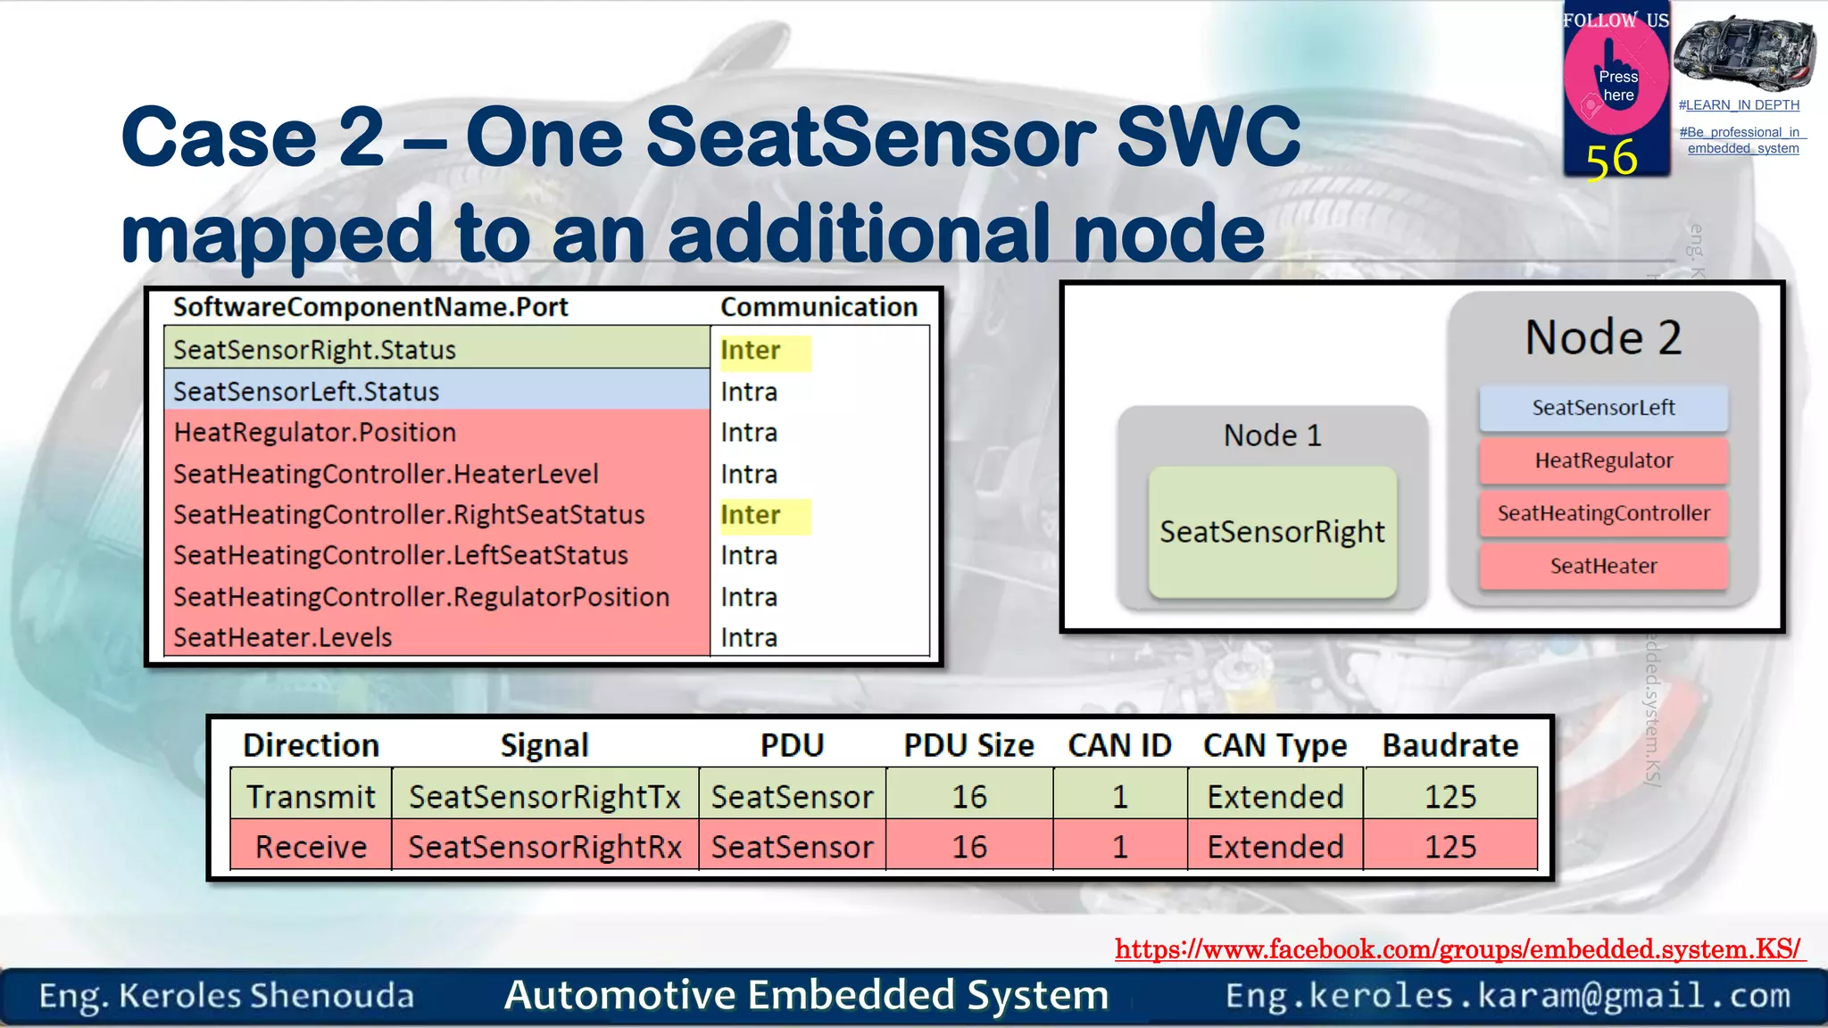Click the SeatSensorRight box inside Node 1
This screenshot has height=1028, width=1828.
(1272, 532)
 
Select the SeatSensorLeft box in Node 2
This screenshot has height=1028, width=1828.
(1603, 408)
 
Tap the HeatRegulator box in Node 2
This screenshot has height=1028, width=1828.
(1603, 460)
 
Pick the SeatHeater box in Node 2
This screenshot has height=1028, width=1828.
(1603, 566)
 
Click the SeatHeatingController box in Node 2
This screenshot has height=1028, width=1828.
(1603, 513)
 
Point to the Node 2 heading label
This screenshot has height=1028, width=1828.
(1603, 337)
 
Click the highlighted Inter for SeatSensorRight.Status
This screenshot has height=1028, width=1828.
(752, 351)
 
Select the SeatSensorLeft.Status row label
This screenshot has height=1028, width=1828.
(306, 392)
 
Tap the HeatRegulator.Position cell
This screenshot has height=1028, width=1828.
(315, 433)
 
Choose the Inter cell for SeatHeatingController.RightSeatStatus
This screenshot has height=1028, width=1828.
(752, 515)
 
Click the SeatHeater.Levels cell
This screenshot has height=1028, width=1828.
(283, 638)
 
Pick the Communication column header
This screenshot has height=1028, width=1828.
(818, 307)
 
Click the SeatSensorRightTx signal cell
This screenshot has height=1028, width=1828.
(544, 796)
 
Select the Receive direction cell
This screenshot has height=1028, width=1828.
(311, 846)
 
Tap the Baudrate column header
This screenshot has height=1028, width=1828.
(1450, 745)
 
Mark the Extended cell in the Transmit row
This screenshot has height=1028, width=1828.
(1275, 796)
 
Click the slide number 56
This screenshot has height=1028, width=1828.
(1611, 160)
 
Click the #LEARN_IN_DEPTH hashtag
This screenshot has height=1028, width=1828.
(1738, 105)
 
